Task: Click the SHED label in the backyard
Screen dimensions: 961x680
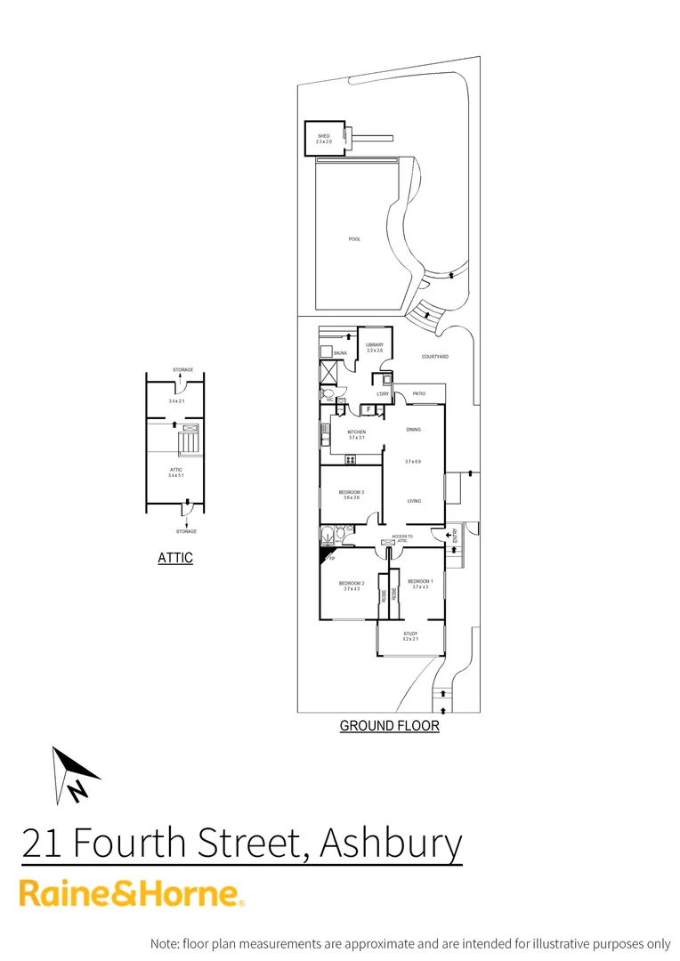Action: [323, 136]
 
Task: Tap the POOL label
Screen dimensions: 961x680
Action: [354, 239]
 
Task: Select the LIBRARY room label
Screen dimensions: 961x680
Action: [375, 344]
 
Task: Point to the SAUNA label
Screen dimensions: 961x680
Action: [339, 353]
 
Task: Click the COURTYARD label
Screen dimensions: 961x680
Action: [435, 357]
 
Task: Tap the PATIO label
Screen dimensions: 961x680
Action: [419, 392]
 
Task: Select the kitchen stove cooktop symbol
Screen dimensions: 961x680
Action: [350, 459]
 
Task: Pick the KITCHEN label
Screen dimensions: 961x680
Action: [356, 432]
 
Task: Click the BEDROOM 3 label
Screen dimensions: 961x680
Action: [351, 492]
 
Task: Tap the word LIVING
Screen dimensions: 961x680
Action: [414, 502]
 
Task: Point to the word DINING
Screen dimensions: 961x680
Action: [413, 430]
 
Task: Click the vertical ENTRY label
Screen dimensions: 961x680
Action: [454, 536]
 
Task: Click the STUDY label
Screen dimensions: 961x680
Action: [410, 634]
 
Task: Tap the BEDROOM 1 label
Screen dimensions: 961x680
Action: [420, 581]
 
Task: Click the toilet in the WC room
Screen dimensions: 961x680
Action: [328, 392]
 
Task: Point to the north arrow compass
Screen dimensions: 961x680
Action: [73, 775]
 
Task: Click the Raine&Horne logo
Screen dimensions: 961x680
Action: [132, 892]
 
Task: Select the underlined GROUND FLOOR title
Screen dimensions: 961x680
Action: [389, 726]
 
